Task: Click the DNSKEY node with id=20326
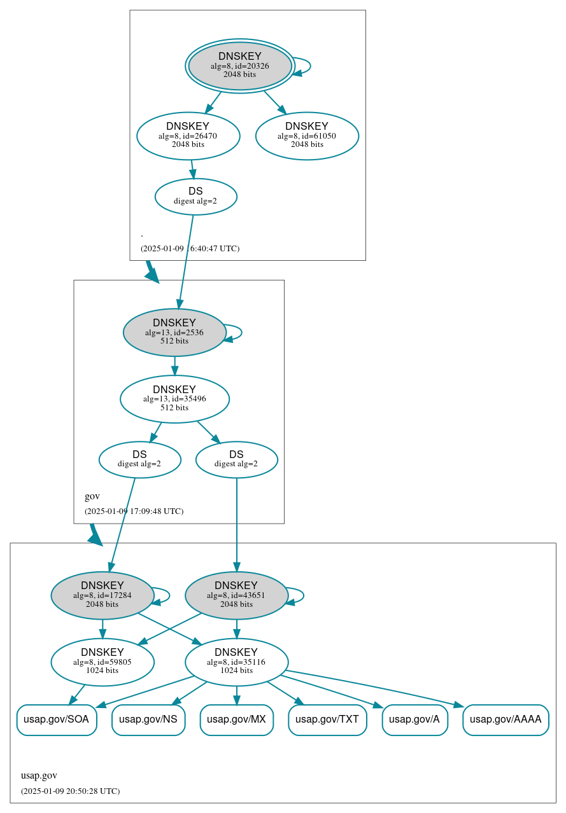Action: tap(239, 66)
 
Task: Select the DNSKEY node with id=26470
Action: tap(188, 135)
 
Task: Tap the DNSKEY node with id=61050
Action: tap(307, 135)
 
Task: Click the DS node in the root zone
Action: tap(195, 197)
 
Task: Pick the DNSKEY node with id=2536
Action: tap(174, 332)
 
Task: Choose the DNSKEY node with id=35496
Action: tap(174, 399)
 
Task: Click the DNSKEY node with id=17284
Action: tap(102, 595)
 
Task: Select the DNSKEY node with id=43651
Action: tap(236, 595)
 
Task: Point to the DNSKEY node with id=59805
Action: tap(102, 662)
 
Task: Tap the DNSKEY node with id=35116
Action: tap(236, 662)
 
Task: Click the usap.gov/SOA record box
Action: tap(57, 720)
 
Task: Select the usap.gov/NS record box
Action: tap(148, 720)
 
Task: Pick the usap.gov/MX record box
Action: tap(236, 720)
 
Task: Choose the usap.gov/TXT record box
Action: tap(327, 720)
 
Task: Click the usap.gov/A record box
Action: tap(414, 720)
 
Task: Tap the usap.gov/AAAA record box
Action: tap(506, 720)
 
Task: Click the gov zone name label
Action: tap(92, 496)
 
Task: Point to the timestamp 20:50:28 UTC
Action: tap(70, 791)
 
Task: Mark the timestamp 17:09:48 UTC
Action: tap(134, 511)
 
